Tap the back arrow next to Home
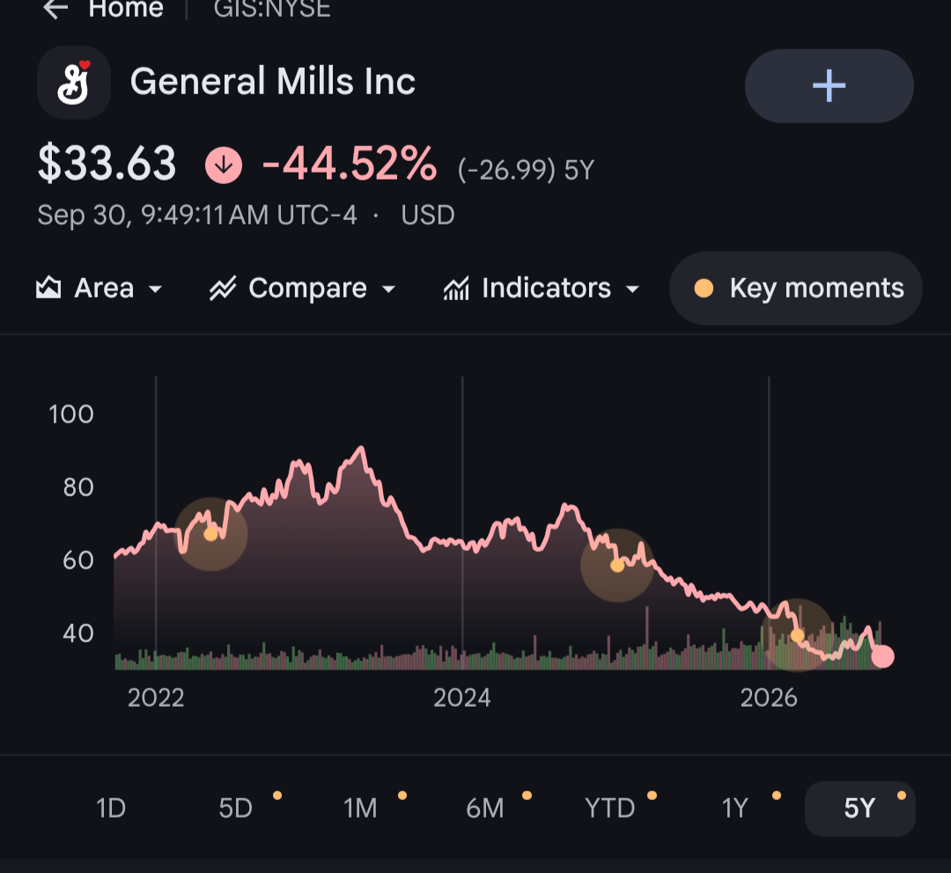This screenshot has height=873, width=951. point(55,9)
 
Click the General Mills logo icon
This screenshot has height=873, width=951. point(74,83)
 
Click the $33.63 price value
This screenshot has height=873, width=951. point(107,164)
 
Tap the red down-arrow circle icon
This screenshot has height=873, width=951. point(224,165)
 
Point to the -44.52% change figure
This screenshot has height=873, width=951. point(350,164)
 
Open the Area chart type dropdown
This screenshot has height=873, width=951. point(99,288)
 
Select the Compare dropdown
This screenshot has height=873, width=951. point(303,288)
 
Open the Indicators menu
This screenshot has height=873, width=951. point(542,288)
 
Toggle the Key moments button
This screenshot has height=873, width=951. point(796,288)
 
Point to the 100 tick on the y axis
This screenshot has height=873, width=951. point(71,414)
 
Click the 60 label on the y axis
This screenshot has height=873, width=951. point(78,561)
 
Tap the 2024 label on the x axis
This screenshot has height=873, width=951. point(462,698)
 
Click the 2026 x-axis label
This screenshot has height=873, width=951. point(769,698)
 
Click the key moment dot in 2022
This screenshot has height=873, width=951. point(210,534)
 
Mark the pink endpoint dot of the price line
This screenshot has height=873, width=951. point(882,656)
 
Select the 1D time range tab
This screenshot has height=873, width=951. point(111,808)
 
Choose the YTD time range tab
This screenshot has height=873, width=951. point(609,808)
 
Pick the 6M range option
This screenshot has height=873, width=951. point(484,808)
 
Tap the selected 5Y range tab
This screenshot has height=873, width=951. point(860,809)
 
